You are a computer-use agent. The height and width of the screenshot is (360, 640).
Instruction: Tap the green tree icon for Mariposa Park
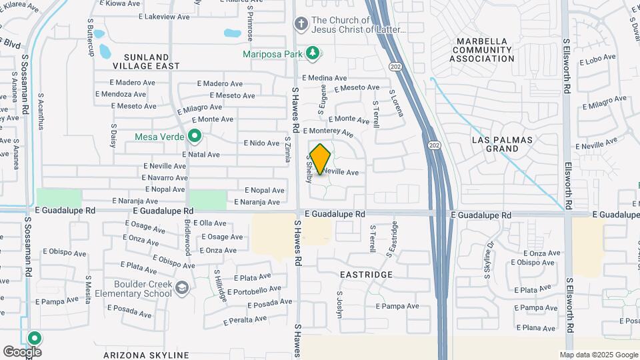311,53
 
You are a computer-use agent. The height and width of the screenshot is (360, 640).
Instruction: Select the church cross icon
301,25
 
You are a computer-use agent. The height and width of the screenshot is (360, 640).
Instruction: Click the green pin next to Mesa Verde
195,137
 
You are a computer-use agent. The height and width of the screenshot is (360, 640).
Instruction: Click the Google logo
21,352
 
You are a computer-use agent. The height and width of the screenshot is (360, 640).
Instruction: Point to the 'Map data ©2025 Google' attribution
599,355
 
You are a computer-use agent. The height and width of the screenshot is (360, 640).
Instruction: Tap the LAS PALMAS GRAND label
502,144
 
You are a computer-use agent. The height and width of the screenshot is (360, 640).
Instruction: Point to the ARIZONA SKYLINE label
146,355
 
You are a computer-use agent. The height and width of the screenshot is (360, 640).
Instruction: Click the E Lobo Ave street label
598,61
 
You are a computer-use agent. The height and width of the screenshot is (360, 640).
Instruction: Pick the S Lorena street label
397,103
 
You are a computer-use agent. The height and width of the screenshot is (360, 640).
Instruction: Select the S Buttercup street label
91,30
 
